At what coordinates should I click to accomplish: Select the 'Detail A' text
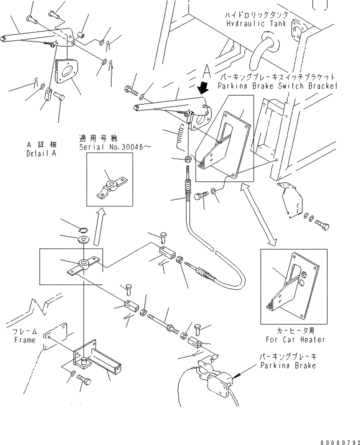click(x=41, y=153)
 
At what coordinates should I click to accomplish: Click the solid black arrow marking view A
click(x=203, y=88)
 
